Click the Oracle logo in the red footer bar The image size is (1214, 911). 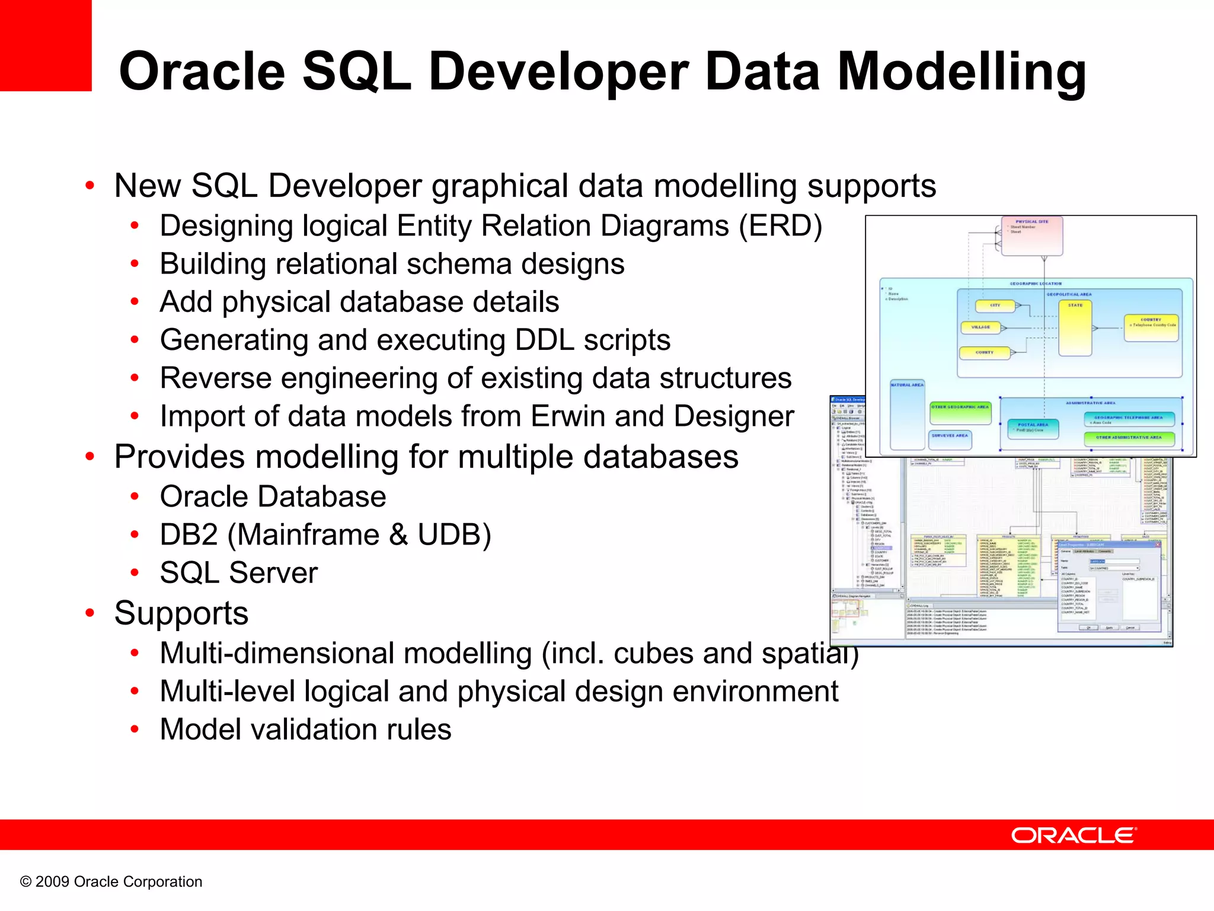pyautogui.click(x=1074, y=835)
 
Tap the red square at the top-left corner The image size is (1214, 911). pyautogui.click(x=46, y=45)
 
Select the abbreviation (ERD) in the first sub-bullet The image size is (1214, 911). pyautogui.click(x=780, y=226)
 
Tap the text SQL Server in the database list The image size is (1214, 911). pyautogui.click(x=239, y=573)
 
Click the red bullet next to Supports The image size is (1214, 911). pyautogui.click(x=90, y=613)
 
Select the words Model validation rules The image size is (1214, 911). pyautogui.click(x=305, y=730)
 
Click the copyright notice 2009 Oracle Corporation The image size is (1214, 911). pyautogui.click(x=111, y=881)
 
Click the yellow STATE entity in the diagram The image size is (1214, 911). pyautogui.click(x=1075, y=329)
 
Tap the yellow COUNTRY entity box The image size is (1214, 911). pyautogui.click(x=1151, y=328)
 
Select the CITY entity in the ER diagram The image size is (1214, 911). pyautogui.click(x=995, y=306)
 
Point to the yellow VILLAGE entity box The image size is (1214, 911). pyautogui.click(x=980, y=327)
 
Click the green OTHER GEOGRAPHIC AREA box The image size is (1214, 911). pyautogui.click(x=960, y=413)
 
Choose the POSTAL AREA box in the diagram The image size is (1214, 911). pyautogui.click(x=1033, y=428)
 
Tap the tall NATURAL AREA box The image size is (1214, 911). pyautogui.click(x=907, y=415)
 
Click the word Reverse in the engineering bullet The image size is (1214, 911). pyautogui.click(x=216, y=378)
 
